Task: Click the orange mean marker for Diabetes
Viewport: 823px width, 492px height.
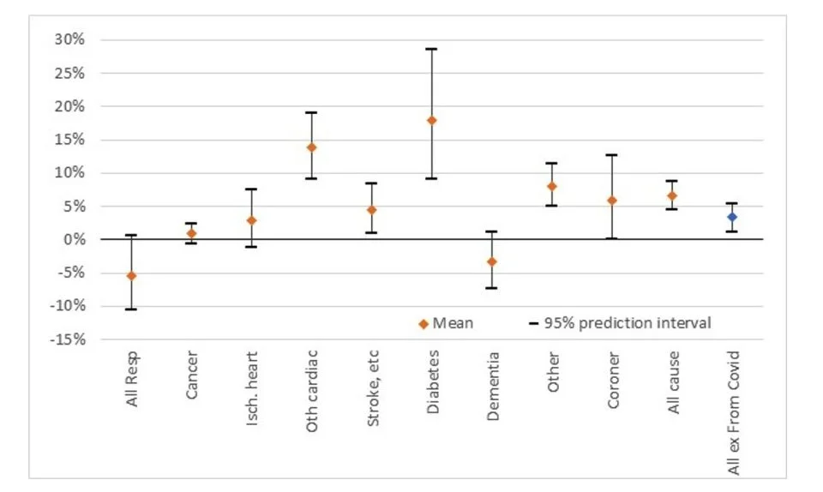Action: (432, 120)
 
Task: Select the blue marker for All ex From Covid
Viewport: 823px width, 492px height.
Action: (732, 217)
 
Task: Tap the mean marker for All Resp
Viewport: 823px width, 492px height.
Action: (131, 275)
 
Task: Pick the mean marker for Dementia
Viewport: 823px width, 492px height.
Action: (492, 261)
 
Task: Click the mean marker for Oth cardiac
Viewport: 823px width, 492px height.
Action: (312, 147)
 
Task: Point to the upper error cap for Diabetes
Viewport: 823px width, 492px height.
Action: (432, 49)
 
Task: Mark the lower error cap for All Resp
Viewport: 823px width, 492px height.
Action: (131, 309)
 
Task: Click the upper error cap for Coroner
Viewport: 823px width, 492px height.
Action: (612, 155)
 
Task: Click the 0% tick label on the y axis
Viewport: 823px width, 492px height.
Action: (75, 240)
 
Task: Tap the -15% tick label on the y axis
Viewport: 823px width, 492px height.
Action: (68, 339)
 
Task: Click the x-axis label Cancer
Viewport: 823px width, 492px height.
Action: (192, 370)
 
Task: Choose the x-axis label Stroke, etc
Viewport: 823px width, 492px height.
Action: (372, 381)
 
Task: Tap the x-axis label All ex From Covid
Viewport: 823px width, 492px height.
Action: (732, 411)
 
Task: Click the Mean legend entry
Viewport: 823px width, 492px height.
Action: (446, 323)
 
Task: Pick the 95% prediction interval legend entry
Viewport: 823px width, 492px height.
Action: (619, 323)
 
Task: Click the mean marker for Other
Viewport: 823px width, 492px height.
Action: (552, 186)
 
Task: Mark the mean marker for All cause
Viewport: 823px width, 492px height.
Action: (672, 196)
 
